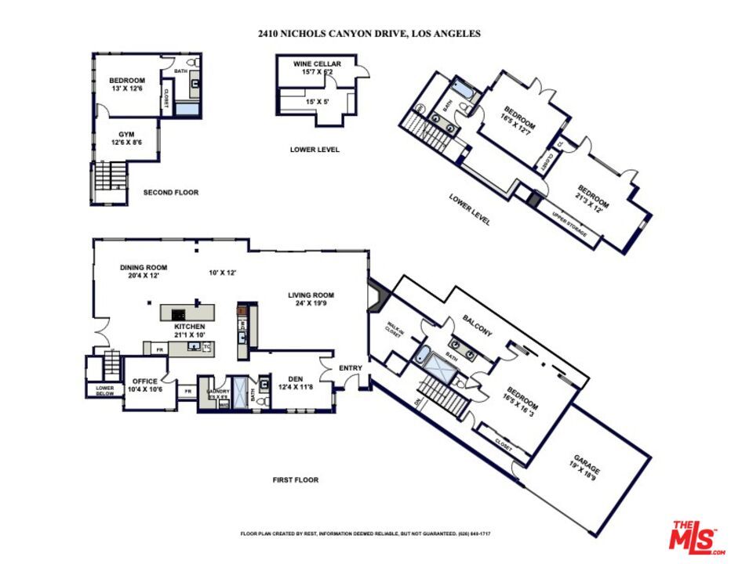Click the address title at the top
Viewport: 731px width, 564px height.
[369, 34]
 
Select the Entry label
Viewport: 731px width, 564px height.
[350, 367]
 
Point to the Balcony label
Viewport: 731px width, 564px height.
[477, 326]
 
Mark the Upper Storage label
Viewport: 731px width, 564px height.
[569, 225]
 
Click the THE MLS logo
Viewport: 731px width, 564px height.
[695, 536]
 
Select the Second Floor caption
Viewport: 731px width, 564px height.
[170, 192]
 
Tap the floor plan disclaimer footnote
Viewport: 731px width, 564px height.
[365, 533]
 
